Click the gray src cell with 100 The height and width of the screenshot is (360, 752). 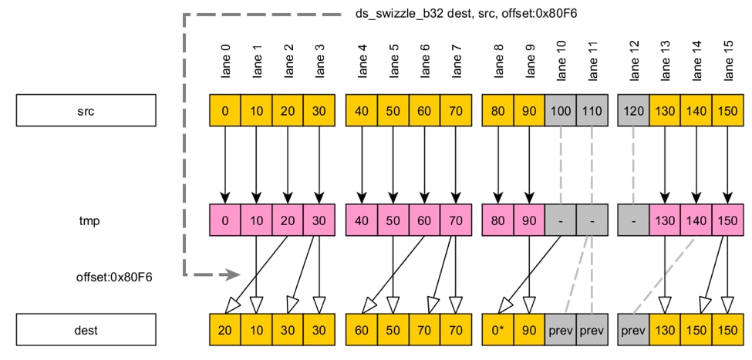(x=560, y=110)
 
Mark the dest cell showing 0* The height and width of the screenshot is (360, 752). (x=497, y=330)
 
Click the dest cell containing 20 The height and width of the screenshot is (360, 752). (x=225, y=330)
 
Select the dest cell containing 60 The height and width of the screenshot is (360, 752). (x=362, y=330)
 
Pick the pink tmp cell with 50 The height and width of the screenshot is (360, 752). (x=393, y=220)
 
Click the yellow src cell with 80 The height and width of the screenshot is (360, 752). (x=497, y=110)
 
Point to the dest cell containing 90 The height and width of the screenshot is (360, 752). (x=528, y=330)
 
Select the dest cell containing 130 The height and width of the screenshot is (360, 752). (x=665, y=330)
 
